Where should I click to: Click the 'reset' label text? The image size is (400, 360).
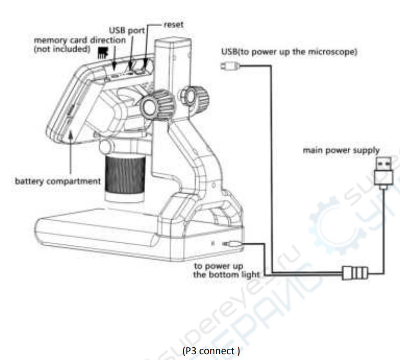pos(173,25)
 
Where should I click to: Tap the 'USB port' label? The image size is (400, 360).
pos(127,30)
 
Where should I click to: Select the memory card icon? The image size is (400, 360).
pos(103,53)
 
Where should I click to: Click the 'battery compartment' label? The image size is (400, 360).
pos(58,181)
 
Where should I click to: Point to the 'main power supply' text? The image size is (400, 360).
pos(341,150)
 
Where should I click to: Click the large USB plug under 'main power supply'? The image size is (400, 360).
pos(383,173)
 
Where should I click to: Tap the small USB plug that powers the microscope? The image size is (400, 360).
pos(230,66)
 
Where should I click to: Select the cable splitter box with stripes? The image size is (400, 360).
pos(355,273)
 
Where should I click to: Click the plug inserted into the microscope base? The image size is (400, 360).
pos(231,244)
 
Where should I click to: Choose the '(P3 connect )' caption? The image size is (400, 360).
pos(211,351)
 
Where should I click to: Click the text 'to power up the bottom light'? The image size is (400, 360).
pos(226,270)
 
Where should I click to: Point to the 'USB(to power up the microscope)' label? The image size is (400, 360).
pos(289,52)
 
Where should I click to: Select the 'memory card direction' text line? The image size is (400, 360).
pos(79,40)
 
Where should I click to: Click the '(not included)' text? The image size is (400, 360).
pos(62,49)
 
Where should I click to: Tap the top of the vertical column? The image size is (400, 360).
pos(173,41)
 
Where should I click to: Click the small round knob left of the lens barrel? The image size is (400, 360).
pos(106,147)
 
